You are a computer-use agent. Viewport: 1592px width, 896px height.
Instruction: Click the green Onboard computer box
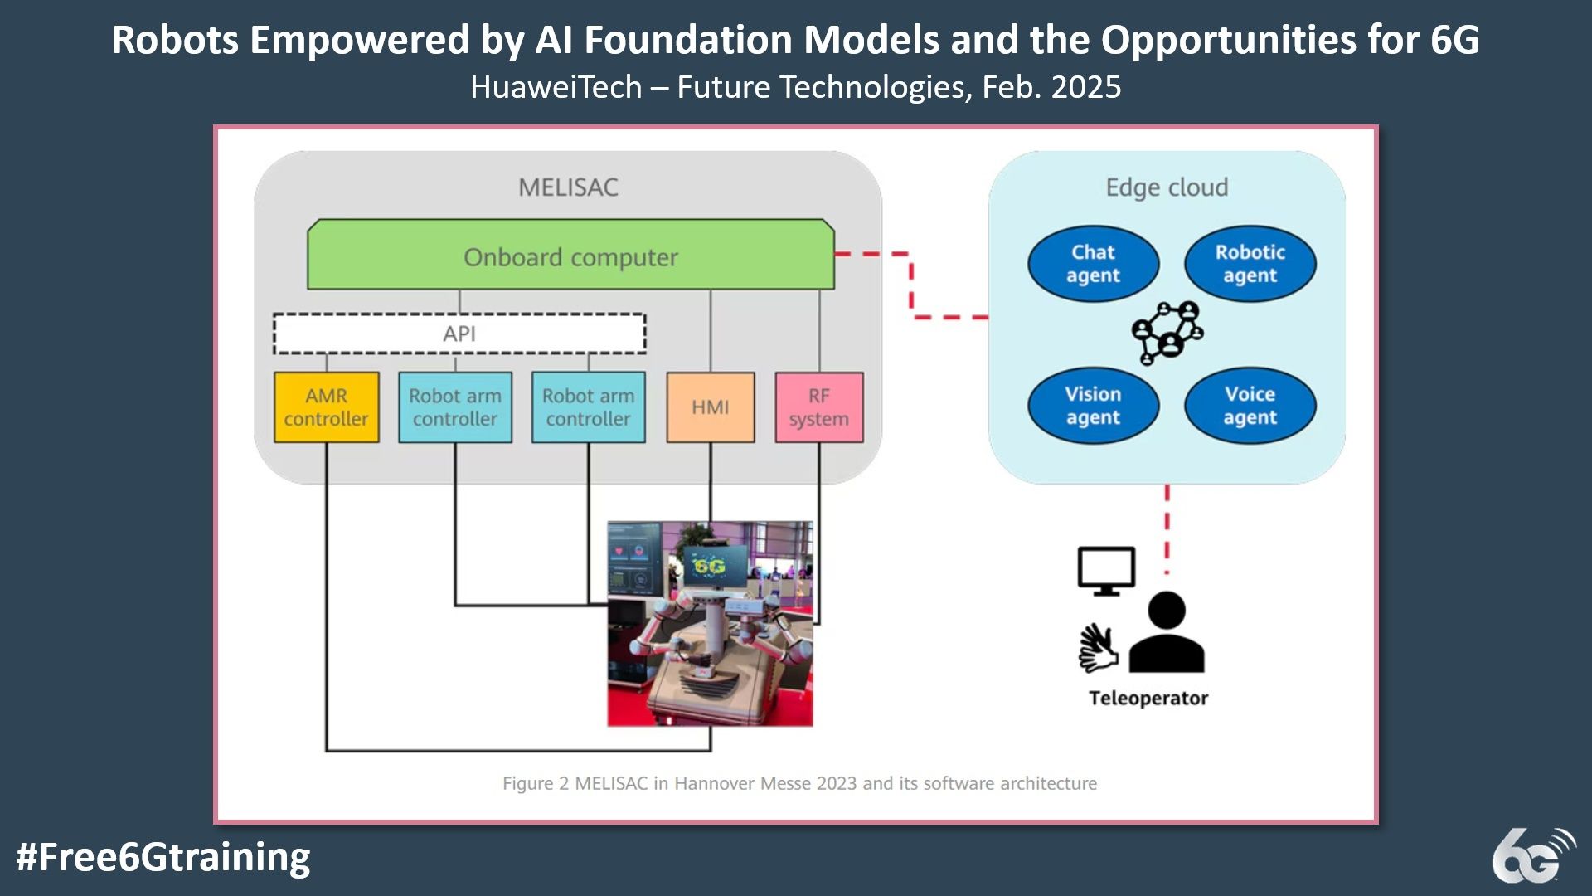click(x=570, y=255)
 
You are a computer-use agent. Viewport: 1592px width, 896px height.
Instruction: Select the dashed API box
click(x=459, y=334)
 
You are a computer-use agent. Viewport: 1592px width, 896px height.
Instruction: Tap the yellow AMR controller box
click(x=327, y=407)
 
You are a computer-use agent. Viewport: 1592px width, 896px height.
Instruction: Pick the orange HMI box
click(x=711, y=407)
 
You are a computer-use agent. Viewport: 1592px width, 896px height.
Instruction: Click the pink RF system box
click(x=819, y=407)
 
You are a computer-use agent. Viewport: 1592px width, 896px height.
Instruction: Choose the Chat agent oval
click(x=1093, y=264)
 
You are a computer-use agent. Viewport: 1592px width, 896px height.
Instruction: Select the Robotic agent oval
click(x=1250, y=264)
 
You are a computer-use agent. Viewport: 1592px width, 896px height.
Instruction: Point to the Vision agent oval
click(x=1093, y=406)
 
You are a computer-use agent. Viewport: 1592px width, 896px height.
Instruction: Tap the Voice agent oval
click(x=1250, y=406)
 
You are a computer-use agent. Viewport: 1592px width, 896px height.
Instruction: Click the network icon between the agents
click(x=1167, y=332)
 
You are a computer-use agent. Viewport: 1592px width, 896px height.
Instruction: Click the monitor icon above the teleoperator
click(x=1106, y=571)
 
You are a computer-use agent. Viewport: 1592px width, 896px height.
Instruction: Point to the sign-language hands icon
click(x=1098, y=648)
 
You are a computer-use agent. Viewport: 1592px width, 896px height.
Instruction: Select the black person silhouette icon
click(x=1167, y=631)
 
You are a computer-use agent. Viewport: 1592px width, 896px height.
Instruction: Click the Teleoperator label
click(x=1148, y=698)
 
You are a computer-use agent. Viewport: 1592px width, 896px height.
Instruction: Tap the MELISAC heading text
click(x=569, y=187)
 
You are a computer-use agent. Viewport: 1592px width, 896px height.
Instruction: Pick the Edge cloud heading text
click(x=1167, y=187)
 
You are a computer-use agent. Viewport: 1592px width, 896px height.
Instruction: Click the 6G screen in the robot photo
click(x=709, y=566)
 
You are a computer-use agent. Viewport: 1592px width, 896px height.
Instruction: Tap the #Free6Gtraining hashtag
click(x=163, y=857)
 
